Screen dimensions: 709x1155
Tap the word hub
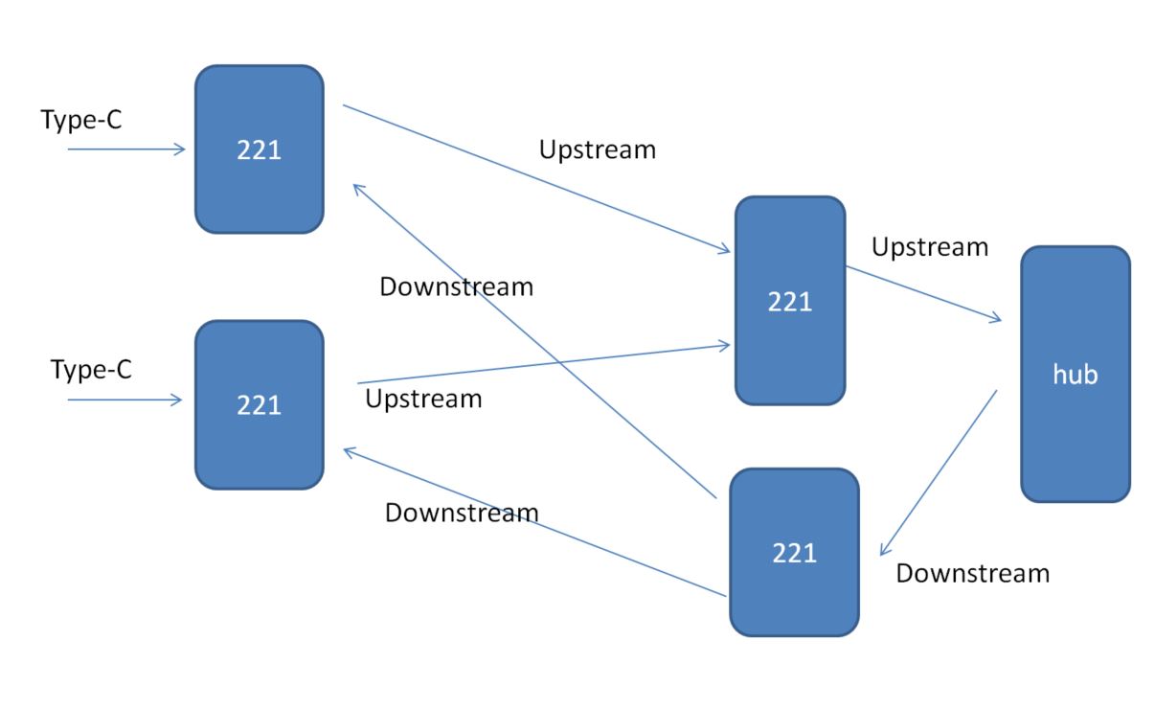(1075, 375)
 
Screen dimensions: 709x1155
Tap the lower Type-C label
(91, 369)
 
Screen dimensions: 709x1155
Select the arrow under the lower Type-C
(125, 400)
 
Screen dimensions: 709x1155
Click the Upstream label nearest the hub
(929, 247)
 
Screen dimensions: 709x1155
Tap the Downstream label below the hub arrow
(972, 574)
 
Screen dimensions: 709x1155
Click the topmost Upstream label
(598, 149)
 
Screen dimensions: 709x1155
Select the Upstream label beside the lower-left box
(423, 399)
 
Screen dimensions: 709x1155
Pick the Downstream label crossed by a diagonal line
(456, 286)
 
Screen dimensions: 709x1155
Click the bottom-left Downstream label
(462, 513)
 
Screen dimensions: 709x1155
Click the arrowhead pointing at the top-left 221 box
(356, 188)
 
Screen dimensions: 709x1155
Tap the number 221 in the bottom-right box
(794, 553)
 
